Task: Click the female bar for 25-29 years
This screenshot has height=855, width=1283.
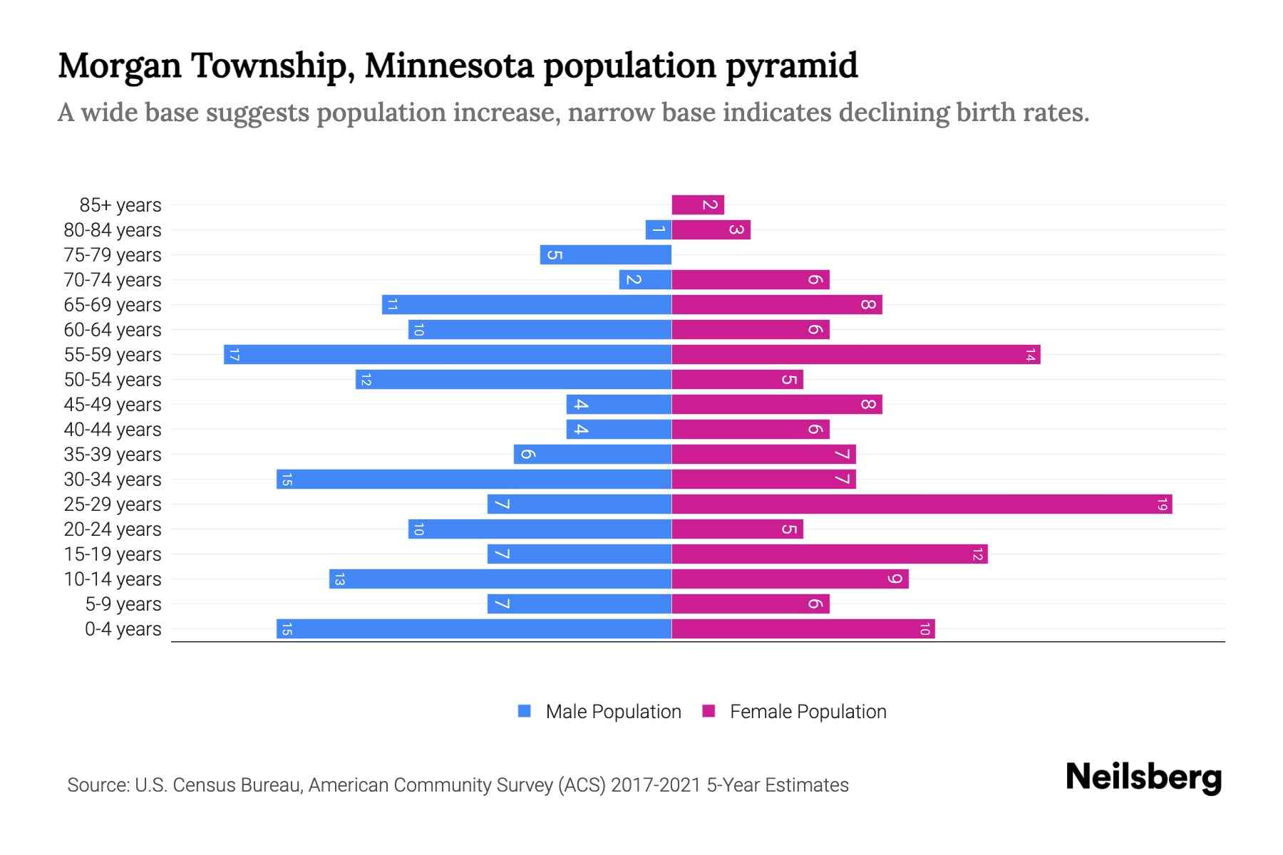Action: (x=922, y=504)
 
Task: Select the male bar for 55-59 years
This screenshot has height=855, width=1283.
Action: (x=448, y=355)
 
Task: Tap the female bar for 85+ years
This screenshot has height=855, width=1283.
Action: (x=698, y=205)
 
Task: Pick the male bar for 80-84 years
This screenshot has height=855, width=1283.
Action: (x=658, y=230)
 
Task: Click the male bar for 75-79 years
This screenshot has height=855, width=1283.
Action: (x=606, y=255)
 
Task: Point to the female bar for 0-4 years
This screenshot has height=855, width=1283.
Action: (x=803, y=629)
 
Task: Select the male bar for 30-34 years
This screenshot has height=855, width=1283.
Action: (x=474, y=480)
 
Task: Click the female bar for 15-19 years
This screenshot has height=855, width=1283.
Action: (x=829, y=554)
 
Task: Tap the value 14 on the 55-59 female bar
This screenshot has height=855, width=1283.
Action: (x=1030, y=355)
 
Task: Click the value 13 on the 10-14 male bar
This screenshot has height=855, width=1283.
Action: (x=339, y=579)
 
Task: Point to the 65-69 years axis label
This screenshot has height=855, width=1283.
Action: (x=113, y=305)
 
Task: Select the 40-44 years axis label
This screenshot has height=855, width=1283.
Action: (x=113, y=430)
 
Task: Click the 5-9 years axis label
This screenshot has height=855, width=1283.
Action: (x=123, y=604)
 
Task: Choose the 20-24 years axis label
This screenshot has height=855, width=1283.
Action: (x=113, y=529)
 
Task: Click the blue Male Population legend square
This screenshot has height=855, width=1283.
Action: (x=525, y=711)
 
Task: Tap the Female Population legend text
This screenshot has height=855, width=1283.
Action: (x=808, y=712)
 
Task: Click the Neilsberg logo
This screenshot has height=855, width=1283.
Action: (x=1143, y=777)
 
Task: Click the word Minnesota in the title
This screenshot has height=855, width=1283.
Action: (x=449, y=66)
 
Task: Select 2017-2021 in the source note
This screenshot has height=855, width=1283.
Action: (x=656, y=785)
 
